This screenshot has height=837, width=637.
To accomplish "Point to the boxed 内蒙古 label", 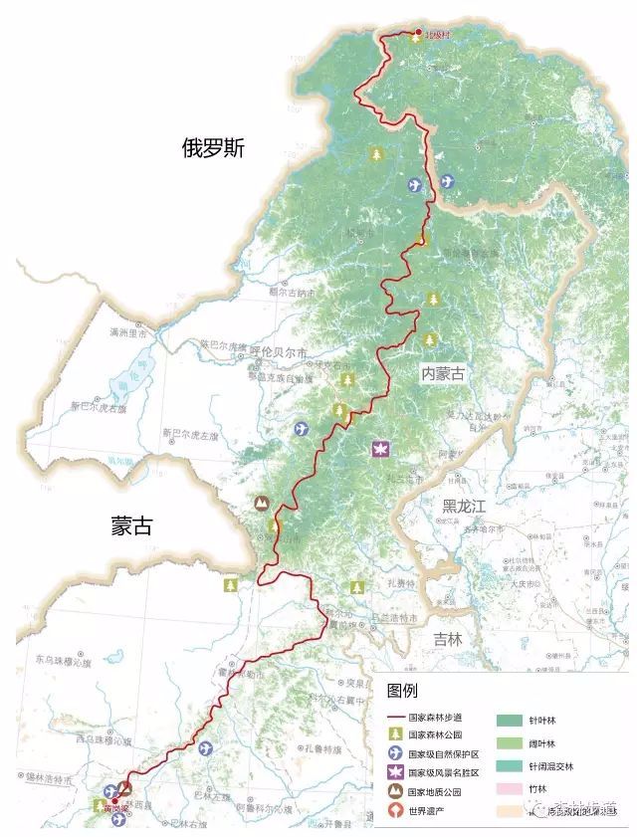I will click(x=443, y=373).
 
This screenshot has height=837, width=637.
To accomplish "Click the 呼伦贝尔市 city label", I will click(x=278, y=351).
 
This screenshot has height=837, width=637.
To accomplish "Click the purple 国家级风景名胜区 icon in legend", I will click(x=395, y=772).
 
